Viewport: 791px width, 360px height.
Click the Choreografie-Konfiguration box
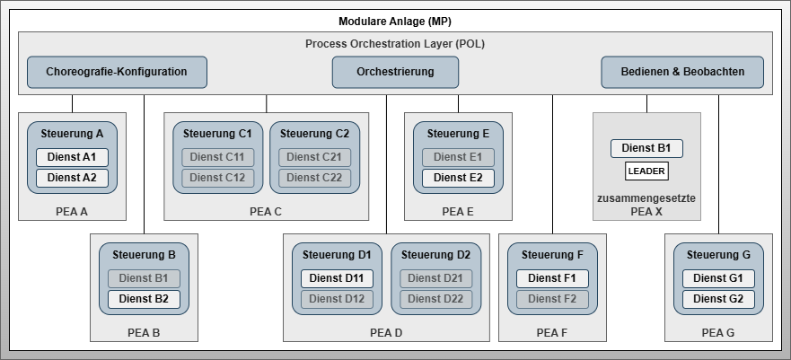(117, 72)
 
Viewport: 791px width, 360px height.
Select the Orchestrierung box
(395, 72)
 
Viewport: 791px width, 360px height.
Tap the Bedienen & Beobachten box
(683, 72)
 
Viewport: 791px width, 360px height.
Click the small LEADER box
(646, 171)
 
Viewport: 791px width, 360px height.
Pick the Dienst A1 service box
(72, 157)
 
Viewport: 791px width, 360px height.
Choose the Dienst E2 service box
(458, 178)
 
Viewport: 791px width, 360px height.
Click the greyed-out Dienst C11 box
(218, 157)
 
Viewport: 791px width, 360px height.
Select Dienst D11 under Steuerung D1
(337, 278)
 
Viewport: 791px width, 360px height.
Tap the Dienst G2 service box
(718, 299)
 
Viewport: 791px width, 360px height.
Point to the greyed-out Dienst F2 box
(552, 299)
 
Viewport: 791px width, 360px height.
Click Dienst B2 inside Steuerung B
(144, 299)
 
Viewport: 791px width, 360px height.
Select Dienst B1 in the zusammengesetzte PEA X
(646, 148)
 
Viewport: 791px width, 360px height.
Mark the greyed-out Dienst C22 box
(314, 178)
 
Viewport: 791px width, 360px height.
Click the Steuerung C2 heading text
(314, 133)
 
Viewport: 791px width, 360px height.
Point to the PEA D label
(386, 333)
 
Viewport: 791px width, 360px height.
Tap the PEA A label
(72, 213)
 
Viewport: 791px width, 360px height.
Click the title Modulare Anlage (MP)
(395, 21)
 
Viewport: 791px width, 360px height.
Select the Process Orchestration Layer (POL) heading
(395, 43)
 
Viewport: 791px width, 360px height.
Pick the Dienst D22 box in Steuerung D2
(436, 299)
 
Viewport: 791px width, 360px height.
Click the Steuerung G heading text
(718, 254)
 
